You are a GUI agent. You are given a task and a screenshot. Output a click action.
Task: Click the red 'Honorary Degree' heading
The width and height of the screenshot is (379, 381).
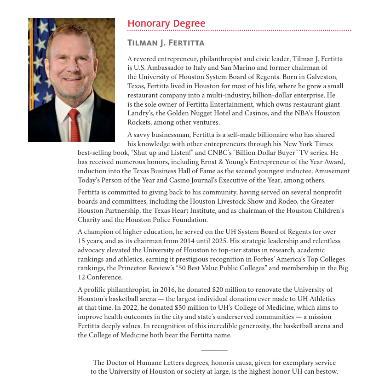[x=166, y=23]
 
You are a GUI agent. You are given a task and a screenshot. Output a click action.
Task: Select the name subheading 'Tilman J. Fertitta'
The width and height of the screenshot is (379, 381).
[x=166, y=43]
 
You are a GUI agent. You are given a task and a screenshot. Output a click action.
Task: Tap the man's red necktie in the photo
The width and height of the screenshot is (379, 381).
[x=74, y=125]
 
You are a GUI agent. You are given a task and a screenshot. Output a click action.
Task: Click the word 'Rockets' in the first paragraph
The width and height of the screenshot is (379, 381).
[x=140, y=122]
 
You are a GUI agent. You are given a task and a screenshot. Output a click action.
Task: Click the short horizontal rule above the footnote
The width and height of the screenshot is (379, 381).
[x=214, y=351]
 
